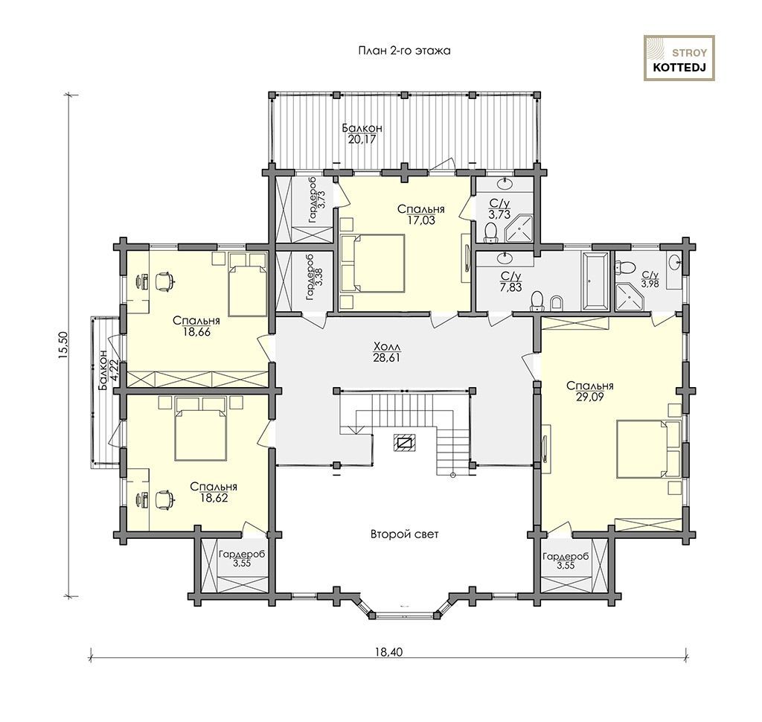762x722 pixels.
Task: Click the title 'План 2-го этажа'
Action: click(404, 51)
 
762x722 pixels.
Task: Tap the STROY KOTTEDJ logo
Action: click(679, 58)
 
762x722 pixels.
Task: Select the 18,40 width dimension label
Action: click(389, 651)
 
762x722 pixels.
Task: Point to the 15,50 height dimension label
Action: click(64, 345)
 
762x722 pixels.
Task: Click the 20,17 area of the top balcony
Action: click(362, 139)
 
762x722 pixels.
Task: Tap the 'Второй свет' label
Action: click(404, 534)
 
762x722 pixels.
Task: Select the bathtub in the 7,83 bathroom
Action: click(595, 281)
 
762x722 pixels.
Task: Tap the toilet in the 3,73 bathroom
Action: click(492, 232)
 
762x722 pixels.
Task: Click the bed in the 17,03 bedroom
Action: click(374, 263)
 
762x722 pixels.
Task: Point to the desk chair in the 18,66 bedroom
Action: click(164, 281)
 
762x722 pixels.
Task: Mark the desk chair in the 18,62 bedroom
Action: click(164, 499)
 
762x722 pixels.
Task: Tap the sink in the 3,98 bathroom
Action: click(674, 263)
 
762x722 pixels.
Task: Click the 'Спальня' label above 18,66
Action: click(196, 321)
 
